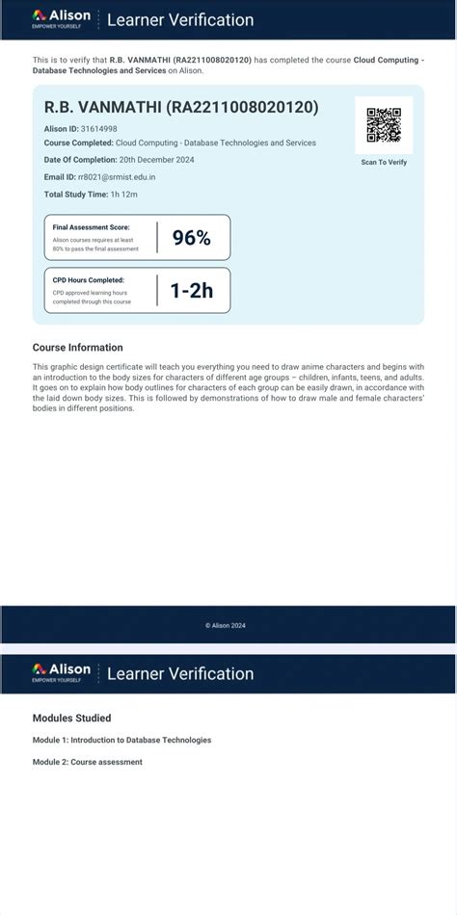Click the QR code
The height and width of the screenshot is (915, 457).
pos(384,125)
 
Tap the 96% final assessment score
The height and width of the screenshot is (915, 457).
pos(191,238)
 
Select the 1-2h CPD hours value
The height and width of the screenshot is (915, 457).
pos(191,290)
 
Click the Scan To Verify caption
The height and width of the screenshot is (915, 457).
pos(384,162)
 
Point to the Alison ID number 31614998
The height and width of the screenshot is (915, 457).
pos(99,128)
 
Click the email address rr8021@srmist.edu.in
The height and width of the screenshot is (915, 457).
pos(117,177)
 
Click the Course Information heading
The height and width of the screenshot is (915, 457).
pos(78,348)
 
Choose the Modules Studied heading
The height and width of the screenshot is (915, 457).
pos(71,718)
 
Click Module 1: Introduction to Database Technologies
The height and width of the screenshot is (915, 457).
pos(121,740)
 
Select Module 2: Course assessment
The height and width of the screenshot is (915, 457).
pos(87,762)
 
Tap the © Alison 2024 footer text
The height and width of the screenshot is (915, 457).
pos(226,625)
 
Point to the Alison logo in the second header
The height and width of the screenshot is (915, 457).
pos(61,671)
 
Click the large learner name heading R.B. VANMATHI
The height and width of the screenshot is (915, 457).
pos(181,107)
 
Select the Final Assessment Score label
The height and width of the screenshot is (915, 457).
pos(91,227)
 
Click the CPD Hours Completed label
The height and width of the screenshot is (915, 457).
pos(89,280)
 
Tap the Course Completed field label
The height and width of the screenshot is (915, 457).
pos(79,143)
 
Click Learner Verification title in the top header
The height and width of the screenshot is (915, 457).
pos(180,19)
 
